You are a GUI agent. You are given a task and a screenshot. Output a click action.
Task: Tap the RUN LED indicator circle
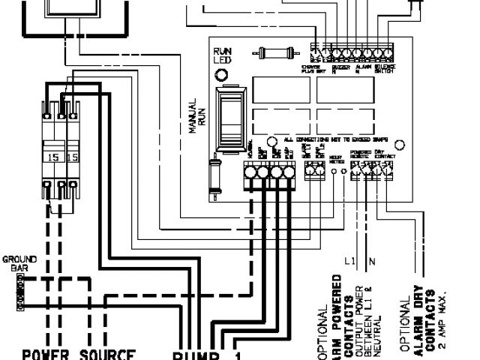[x=221, y=75]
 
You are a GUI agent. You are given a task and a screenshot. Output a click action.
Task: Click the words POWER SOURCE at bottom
[x=79, y=354]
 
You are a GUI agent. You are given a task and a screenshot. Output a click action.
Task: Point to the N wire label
[x=371, y=262]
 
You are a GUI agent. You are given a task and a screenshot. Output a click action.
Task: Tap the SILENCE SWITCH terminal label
[x=384, y=69]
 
